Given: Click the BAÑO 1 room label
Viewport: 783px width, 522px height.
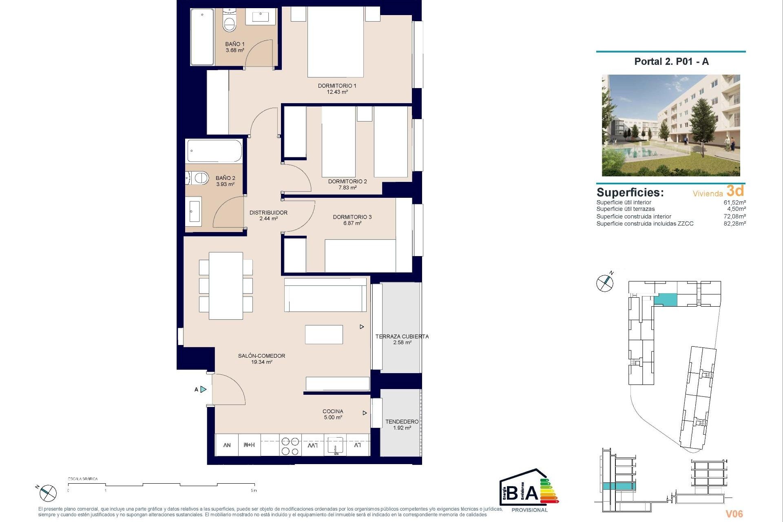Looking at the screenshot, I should pos(235,44).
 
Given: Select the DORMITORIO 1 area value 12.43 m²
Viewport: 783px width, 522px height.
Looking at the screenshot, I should pos(337,92).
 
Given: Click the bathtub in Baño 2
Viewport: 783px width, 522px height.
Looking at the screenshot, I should pos(215,151).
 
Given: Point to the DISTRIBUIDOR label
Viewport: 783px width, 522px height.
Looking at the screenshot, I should pos(268,212).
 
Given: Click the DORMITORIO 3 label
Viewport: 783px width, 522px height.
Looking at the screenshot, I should pos(352,217).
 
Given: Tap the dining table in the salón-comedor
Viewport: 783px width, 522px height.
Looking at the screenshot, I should pos(226,285).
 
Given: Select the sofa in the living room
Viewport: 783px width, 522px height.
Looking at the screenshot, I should pos(325,295).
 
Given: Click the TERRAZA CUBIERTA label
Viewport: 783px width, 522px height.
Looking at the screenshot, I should pos(402,336).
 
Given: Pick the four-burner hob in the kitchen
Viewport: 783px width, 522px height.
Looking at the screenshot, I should pos(290,446).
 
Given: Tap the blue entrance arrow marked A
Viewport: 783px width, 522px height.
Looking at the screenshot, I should pos(203,389).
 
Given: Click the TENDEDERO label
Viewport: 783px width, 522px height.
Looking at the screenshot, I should pos(402,422).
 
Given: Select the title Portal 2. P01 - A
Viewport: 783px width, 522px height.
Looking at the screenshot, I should pos(671,62).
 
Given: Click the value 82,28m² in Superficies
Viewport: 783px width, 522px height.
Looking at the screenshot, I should pos(734,223).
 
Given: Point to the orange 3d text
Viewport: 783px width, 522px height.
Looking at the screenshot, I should pos(735,191).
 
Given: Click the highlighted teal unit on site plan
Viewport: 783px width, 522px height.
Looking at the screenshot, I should pos(665,301).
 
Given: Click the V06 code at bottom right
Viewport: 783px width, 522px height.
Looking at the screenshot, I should pos(734,514).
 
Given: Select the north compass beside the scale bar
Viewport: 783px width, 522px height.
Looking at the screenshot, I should pos(48,493).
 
